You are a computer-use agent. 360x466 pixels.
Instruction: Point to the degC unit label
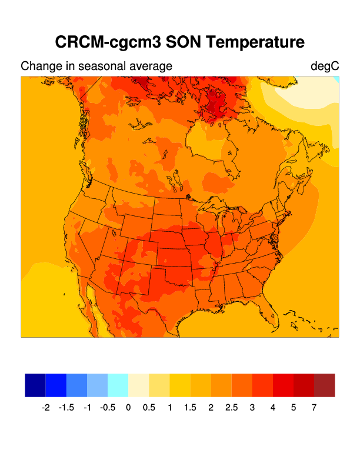click(x=325, y=66)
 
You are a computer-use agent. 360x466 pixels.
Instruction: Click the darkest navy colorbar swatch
click(x=35, y=385)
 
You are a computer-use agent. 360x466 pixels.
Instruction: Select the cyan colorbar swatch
click(x=118, y=385)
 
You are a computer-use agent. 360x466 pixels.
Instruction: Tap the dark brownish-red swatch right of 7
click(x=324, y=385)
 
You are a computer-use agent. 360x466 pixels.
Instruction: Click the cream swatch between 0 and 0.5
click(x=138, y=385)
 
